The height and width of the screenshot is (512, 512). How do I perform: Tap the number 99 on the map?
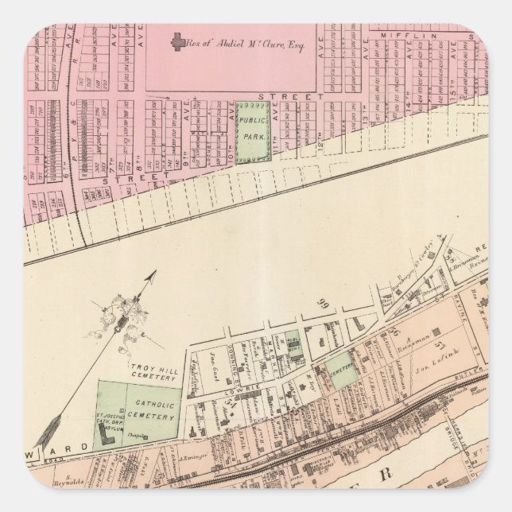(324, 304)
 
